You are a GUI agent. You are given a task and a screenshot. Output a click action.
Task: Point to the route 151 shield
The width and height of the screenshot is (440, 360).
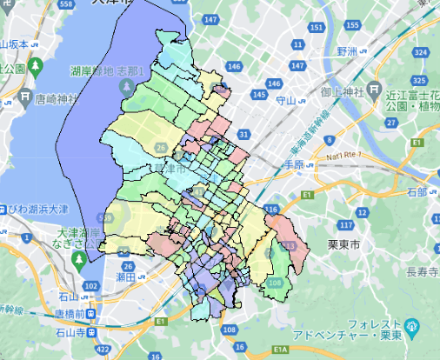(x=316, y=29)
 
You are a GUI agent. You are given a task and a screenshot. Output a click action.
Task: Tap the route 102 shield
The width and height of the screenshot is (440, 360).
(x=91, y=286)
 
